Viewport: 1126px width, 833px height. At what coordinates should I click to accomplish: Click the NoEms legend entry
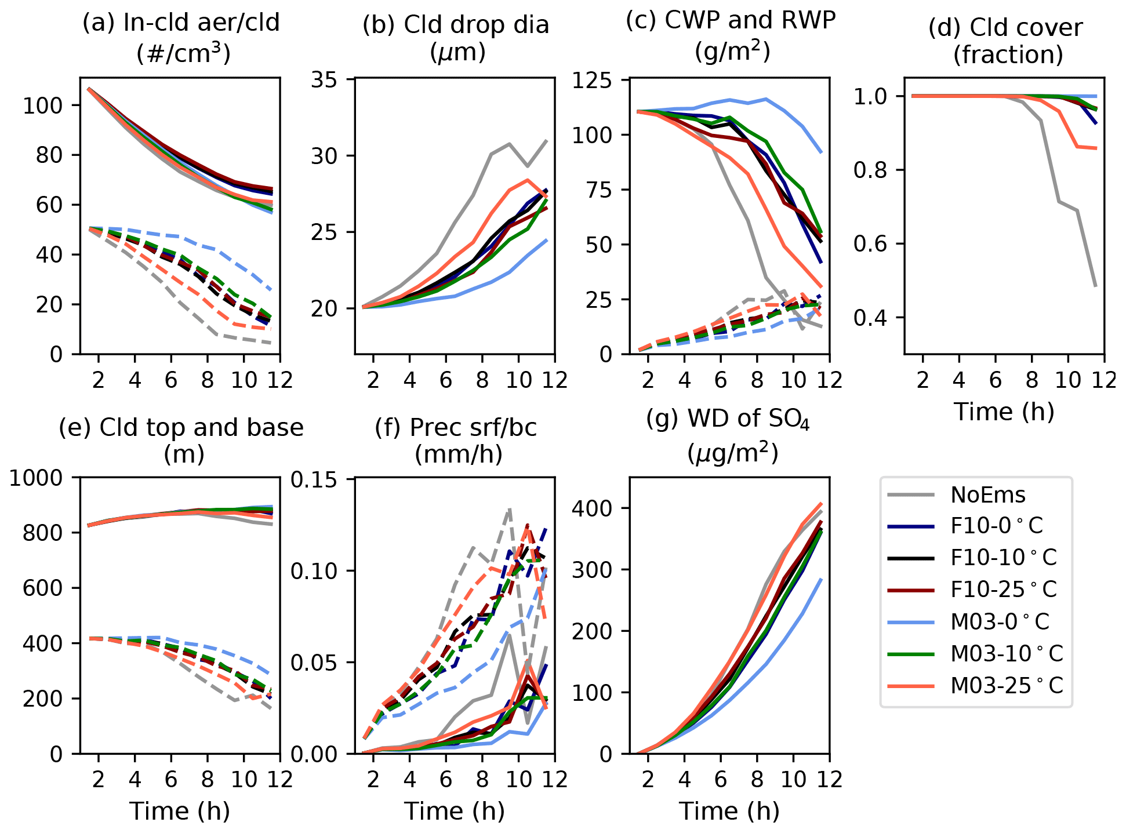pyautogui.click(x=987, y=494)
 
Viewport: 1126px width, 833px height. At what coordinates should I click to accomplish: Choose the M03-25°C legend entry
pyautogui.click(x=1007, y=685)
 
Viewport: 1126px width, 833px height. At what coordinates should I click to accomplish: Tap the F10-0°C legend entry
pyautogui.click(x=997, y=526)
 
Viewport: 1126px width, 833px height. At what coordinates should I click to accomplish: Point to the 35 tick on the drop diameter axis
pyautogui.click(x=325, y=79)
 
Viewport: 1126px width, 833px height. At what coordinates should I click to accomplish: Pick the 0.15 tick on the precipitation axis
pyautogui.click(x=314, y=480)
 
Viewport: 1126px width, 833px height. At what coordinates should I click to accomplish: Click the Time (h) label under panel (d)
pyautogui.click(x=1004, y=412)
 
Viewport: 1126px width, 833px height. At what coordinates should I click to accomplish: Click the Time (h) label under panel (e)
pyautogui.click(x=180, y=811)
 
